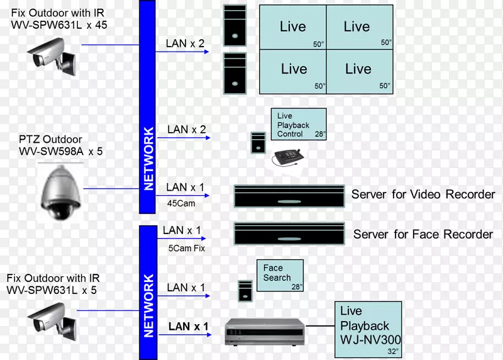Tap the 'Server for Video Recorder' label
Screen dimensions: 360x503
click(x=423, y=194)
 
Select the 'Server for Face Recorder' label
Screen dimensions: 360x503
click(x=423, y=234)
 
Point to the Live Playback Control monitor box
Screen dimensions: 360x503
click(x=299, y=123)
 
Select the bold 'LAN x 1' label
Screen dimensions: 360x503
click(x=188, y=327)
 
